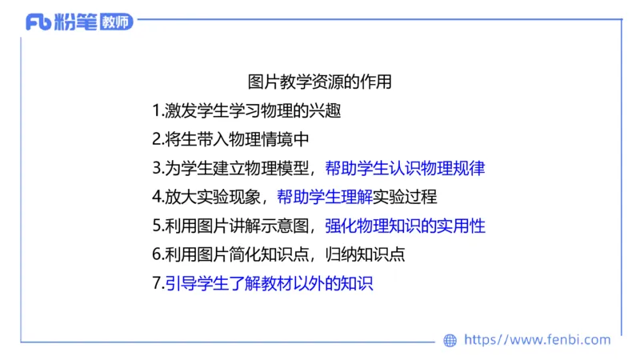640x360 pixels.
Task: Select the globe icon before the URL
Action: tap(450, 340)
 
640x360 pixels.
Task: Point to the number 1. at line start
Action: tap(158, 110)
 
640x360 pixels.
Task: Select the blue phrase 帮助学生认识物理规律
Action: tap(406, 168)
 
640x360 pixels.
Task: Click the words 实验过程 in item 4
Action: tap(405, 197)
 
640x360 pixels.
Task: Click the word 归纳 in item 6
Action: tap(343, 254)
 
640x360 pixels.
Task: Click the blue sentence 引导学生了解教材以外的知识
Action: tap(270, 283)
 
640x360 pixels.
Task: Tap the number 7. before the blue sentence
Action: tap(158, 283)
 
